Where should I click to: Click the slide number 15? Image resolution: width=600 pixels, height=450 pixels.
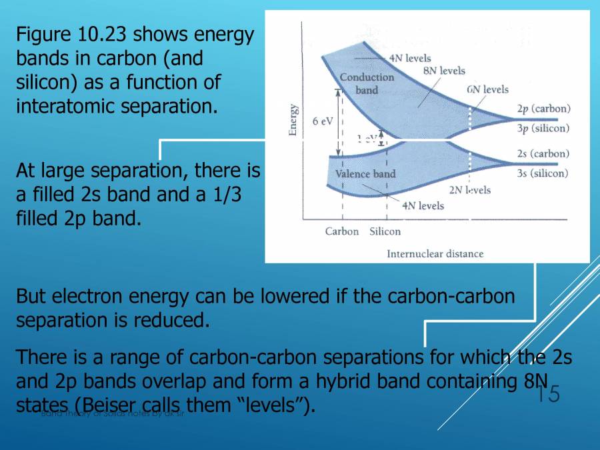pos(549,394)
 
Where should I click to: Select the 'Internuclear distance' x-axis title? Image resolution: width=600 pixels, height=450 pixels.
pos(435,253)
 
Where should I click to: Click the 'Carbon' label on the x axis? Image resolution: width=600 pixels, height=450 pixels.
pos(342,231)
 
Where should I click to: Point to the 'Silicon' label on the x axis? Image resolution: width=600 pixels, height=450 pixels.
pos(385,231)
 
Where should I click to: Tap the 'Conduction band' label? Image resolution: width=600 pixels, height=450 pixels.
pos(367,83)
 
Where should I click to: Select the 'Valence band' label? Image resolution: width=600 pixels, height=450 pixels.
pos(365,174)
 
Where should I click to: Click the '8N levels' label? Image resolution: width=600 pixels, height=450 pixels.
pos(444,71)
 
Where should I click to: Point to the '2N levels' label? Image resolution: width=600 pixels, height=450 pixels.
pos(469,190)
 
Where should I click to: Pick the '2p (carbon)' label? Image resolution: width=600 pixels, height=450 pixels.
pos(543,109)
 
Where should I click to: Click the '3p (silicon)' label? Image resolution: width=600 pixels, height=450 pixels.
pos(543,128)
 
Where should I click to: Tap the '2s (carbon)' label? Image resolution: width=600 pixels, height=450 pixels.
pos(543,153)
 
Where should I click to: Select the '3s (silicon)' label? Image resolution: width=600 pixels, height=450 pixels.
pos(543,173)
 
